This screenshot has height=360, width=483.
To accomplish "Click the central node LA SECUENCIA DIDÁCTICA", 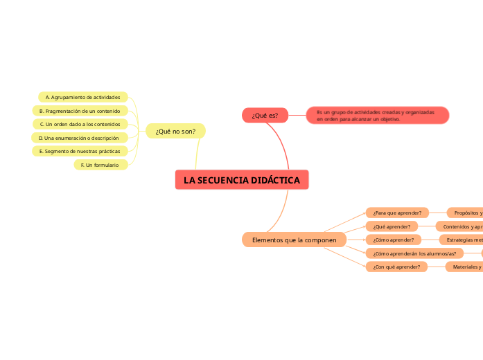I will (242, 180).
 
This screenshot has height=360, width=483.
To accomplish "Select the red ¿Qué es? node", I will (265, 116).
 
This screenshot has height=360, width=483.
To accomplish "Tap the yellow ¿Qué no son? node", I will (175, 131).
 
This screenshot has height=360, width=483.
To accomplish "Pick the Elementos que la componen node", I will (294, 240).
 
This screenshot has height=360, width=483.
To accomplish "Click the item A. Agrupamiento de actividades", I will (82, 97).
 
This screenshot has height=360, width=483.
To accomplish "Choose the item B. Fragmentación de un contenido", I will (80, 111).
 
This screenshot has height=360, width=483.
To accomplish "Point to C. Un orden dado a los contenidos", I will (80, 124).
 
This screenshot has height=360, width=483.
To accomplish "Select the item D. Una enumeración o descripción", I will (79, 138).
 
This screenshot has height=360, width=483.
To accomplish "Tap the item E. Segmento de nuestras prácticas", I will (80, 151).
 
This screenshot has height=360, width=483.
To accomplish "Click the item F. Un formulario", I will (100, 165).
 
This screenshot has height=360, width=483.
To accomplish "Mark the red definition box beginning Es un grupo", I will (378, 116).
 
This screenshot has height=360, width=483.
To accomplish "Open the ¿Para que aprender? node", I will (397, 213).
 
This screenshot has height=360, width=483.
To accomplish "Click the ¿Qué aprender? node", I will (392, 226).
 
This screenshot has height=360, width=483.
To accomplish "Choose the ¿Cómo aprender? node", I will (394, 240).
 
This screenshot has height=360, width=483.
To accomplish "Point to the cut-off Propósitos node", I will (465, 213).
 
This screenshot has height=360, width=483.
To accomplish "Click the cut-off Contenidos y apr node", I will (459, 226).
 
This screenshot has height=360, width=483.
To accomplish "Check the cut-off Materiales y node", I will (464, 267).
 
